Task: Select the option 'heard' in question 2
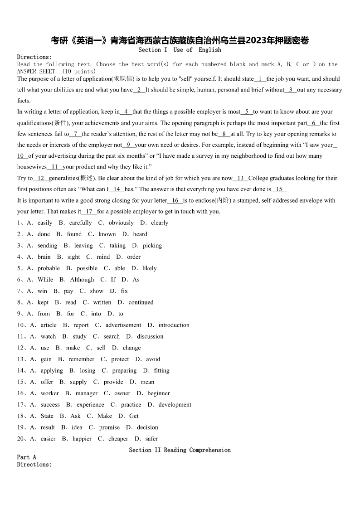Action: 140,234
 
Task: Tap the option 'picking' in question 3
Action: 152,245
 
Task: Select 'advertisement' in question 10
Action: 123,325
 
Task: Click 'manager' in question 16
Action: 87,393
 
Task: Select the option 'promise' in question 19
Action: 110,427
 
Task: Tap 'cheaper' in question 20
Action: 118,439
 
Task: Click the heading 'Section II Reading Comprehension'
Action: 180,450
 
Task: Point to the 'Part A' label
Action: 27,457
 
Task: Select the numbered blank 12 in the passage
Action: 41,178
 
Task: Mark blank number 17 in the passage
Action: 89,211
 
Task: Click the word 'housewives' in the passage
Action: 32,167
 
